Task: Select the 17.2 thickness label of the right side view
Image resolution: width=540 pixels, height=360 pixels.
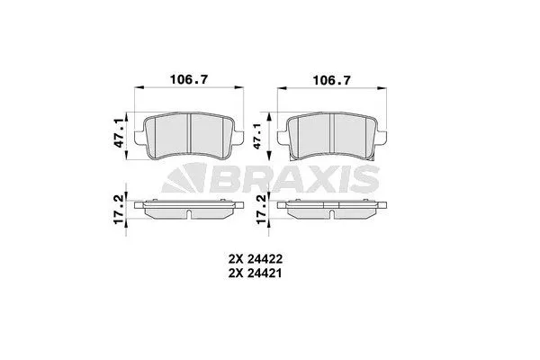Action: click(261, 209)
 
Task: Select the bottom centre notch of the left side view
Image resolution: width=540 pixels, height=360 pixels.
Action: click(189, 213)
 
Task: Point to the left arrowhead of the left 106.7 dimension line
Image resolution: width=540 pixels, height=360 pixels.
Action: click(137, 87)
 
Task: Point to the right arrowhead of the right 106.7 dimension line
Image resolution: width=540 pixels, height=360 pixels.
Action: click(385, 87)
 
